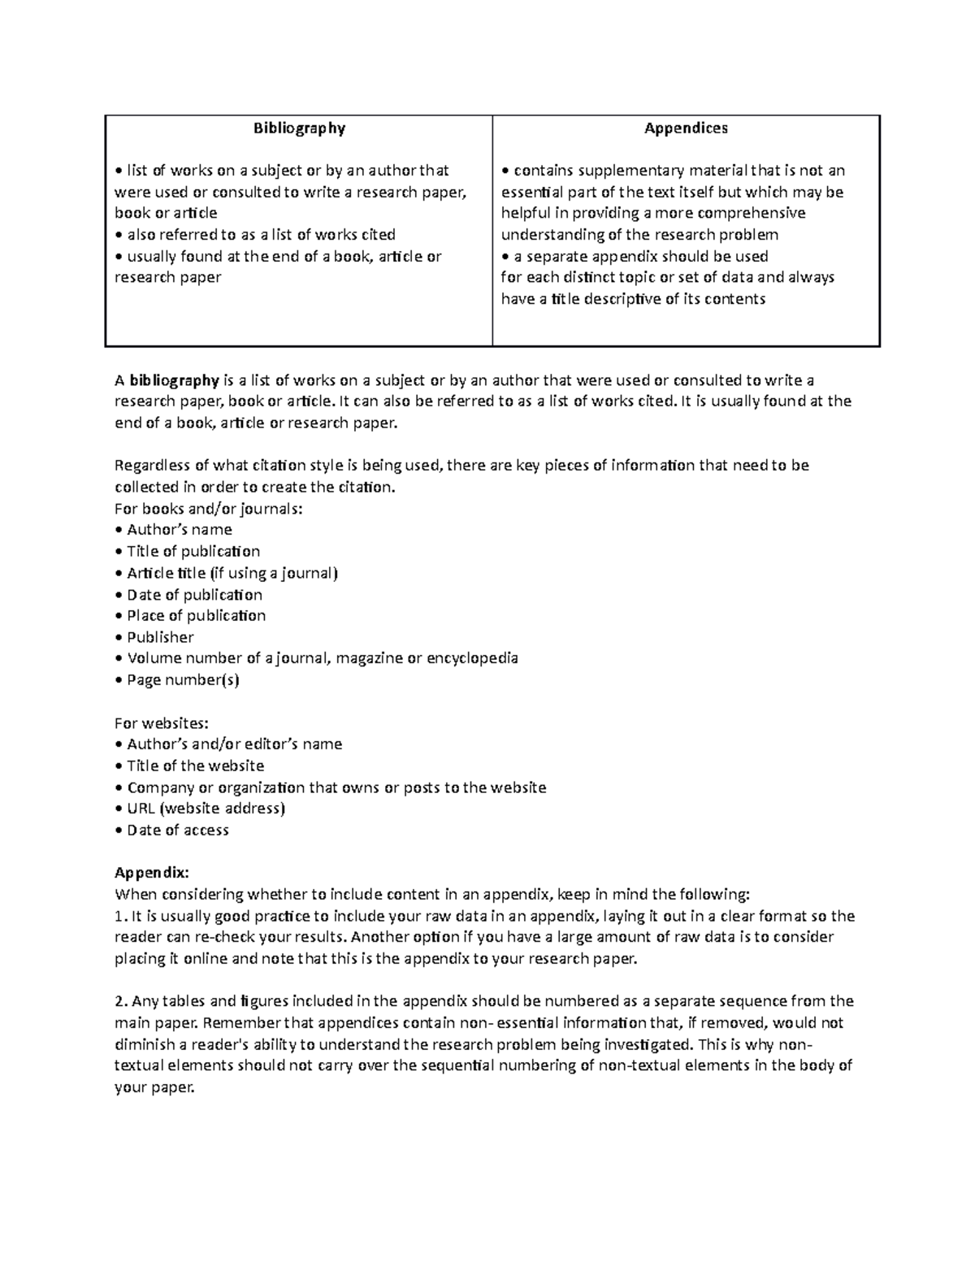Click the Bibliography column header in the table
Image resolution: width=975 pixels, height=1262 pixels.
click(299, 128)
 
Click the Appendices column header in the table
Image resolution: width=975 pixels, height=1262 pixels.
click(686, 128)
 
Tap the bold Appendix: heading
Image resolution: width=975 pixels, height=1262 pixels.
click(151, 873)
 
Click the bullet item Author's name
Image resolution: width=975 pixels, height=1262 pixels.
click(179, 530)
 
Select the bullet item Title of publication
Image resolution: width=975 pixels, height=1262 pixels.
click(193, 552)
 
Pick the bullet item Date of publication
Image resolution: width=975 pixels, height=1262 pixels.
click(194, 595)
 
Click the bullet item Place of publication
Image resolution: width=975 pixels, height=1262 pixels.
click(196, 616)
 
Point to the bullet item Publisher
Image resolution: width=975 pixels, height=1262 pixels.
click(160, 638)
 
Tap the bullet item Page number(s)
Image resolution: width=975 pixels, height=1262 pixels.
click(183, 680)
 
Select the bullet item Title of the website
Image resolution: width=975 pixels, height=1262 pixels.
click(195, 765)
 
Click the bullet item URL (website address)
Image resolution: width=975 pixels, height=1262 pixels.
click(206, 809)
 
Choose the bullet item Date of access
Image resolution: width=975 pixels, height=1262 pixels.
click(177, 830)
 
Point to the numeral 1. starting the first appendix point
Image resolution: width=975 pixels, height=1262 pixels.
click(120, 917)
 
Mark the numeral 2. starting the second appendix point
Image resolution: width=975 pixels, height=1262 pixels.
click(120, 1001)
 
